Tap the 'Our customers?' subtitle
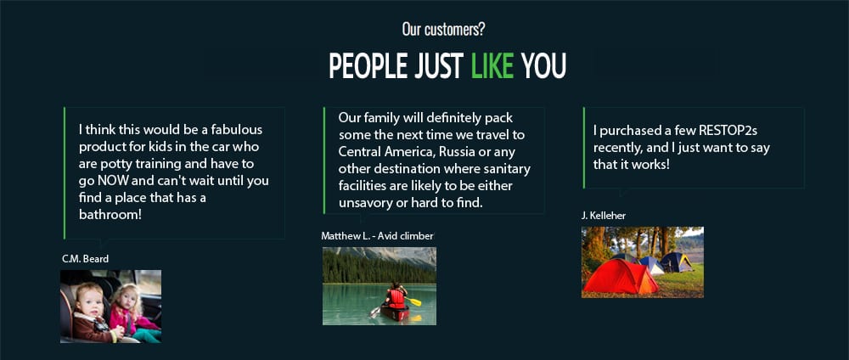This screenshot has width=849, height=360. (x=443, y=29)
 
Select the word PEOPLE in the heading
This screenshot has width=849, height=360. (x=368, y=65)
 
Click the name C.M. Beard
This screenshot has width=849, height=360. (x=85, y=259)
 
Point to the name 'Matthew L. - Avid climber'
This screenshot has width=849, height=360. (x=378, y=236)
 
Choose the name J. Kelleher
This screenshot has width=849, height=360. (x=604, y=216)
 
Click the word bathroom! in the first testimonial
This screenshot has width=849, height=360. (x=110, y=214)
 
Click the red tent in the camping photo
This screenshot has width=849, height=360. (x=621, y=277)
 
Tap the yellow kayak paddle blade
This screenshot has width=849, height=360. (x=415, y=302)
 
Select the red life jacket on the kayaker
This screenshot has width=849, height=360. (x=396, y=298)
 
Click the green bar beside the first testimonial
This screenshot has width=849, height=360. (x=65, y=172)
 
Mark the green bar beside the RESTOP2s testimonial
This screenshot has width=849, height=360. (x=584, y=148)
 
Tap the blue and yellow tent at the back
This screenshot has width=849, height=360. (x=677, y=262)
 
